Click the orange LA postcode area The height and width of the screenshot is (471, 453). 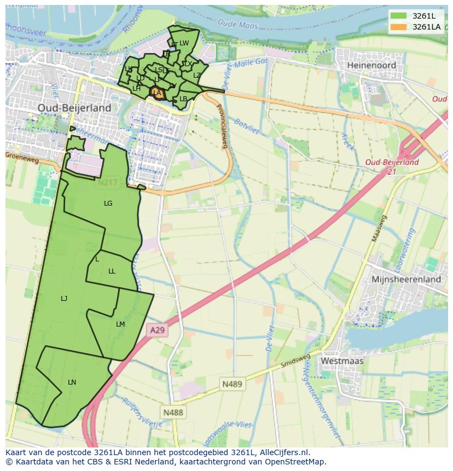coord(156,93)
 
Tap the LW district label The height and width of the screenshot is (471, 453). coord(184,43)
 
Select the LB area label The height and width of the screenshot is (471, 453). coord(183,99)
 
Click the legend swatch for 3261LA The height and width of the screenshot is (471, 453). coord(398,26)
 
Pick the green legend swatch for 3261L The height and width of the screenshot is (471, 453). coord(398,16)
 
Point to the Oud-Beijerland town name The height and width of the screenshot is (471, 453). coord(74,108)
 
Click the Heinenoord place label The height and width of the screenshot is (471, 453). coord(371,65)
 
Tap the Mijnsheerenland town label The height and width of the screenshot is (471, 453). coord(406,279)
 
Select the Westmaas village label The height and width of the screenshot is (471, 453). coord(342,361)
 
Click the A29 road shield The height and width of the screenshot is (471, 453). coord(157,330)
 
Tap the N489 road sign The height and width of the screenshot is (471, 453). coord(232,384)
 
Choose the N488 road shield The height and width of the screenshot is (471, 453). coord(173,412)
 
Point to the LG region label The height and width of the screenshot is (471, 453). coord(108,203)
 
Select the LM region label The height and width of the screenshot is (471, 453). coord(120,324)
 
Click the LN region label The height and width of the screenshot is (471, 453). coord(72,382)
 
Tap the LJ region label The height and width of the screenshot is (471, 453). coord(64,299)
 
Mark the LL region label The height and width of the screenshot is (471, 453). coord(112,271)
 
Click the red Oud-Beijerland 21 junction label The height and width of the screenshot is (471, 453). coord(392,166)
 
